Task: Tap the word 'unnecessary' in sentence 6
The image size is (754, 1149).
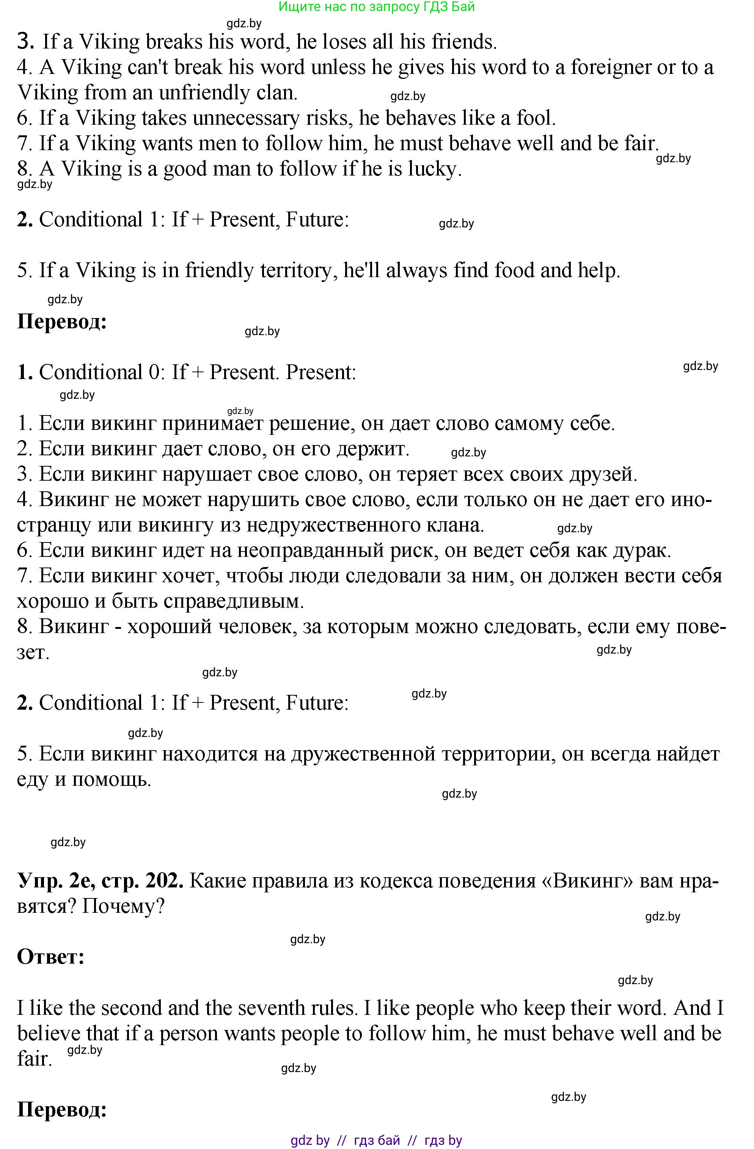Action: pos(246,118)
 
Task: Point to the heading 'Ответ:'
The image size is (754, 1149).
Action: pos(51,956)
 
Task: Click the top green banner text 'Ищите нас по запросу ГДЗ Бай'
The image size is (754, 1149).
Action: pos(377,7)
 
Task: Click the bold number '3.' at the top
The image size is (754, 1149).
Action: pos(25,42)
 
